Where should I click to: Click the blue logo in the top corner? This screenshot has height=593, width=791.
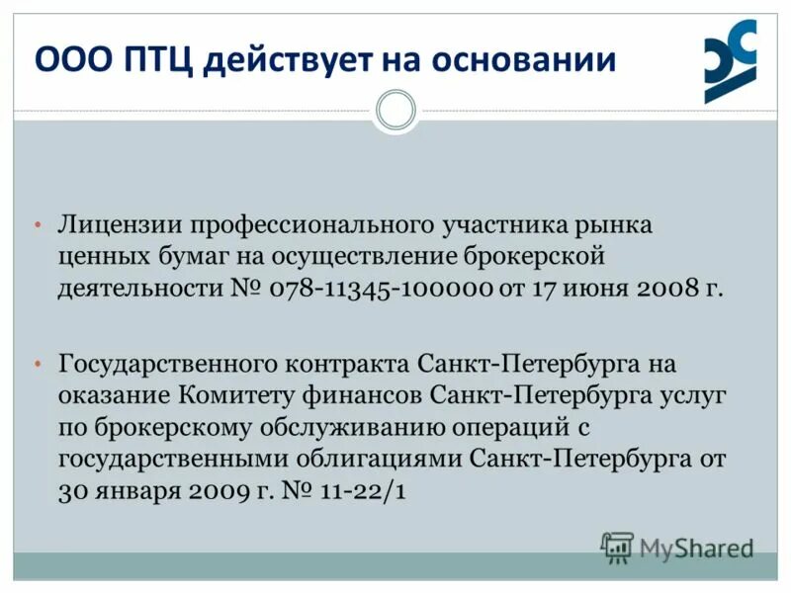pyautogui.click(x=730, y=61)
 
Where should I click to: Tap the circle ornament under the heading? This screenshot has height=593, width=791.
pyautogui.click(x=395, y=110)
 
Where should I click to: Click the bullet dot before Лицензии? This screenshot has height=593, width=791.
pyautogui.click(x=37, y=225)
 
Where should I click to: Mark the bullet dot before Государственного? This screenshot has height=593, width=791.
pyautogui.click(x=37, y=365)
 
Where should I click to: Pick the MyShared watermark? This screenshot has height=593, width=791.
pyautogui.click(x=677, y=547)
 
